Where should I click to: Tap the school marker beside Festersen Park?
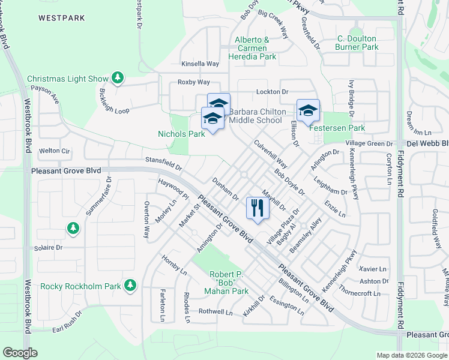click(x=308, y=111)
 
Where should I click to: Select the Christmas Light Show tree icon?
click(x=118, y=78)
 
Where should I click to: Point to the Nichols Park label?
click(x=181, y=134)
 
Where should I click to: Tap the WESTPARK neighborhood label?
click(x=62, y=18)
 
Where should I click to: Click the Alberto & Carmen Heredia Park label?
click(x=256, y=48)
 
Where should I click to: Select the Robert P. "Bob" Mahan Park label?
click(x=229, y=283)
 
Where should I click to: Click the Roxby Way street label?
click(x=193, y=82)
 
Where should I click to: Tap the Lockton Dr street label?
click(x=273, y=91)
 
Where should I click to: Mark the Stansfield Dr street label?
click(x=163, y=160)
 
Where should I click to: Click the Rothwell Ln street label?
click(x=215, y=311)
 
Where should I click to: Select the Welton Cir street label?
click(x=55, y=151)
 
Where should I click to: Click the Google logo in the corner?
click(x=20, y=353)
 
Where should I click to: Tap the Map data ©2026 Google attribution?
click(x=412, y=355)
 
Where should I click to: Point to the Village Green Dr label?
click(x=369, y=144)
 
